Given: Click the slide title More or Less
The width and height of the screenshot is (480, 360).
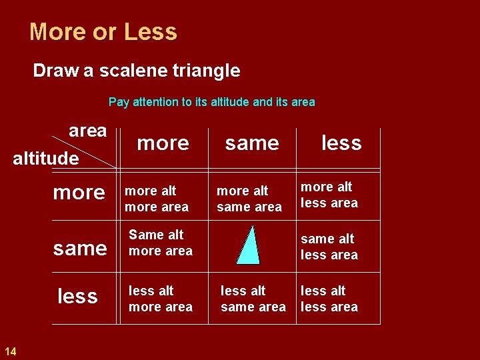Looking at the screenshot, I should tap(103, 32).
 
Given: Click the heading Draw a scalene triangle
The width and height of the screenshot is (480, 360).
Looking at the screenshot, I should tap(137, 70).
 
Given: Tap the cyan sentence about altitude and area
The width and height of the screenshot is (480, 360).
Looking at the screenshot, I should tap(211, 102).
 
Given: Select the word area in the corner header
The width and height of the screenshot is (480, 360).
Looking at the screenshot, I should tap(87, 131).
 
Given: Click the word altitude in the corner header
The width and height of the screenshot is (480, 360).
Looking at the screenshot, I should tap(46, 159).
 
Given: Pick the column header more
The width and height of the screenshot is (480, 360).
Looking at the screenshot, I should tap(163, 143).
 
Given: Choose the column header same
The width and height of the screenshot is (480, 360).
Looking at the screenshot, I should tap(252, 143).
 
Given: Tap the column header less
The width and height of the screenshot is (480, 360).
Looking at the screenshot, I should tap(341, 143).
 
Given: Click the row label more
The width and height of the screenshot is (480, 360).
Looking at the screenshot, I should tap(79, 193).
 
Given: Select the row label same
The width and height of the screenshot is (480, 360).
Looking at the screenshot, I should tap(80, 249).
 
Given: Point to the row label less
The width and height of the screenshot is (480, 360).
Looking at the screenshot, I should tap(77, 296).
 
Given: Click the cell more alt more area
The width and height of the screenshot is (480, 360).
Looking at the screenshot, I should tap(157, 199).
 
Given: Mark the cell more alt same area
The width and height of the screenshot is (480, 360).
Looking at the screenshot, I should tap(249, 199).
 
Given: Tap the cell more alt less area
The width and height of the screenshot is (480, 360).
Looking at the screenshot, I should tap(329, 195).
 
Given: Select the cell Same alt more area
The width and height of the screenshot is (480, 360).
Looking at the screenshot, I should tap(161, 243).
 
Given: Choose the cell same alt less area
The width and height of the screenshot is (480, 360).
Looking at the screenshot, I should tap(329, 247).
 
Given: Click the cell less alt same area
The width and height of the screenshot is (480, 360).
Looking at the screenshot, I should tap(253, 299).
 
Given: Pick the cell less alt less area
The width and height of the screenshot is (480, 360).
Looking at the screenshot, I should tap(329, 299).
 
